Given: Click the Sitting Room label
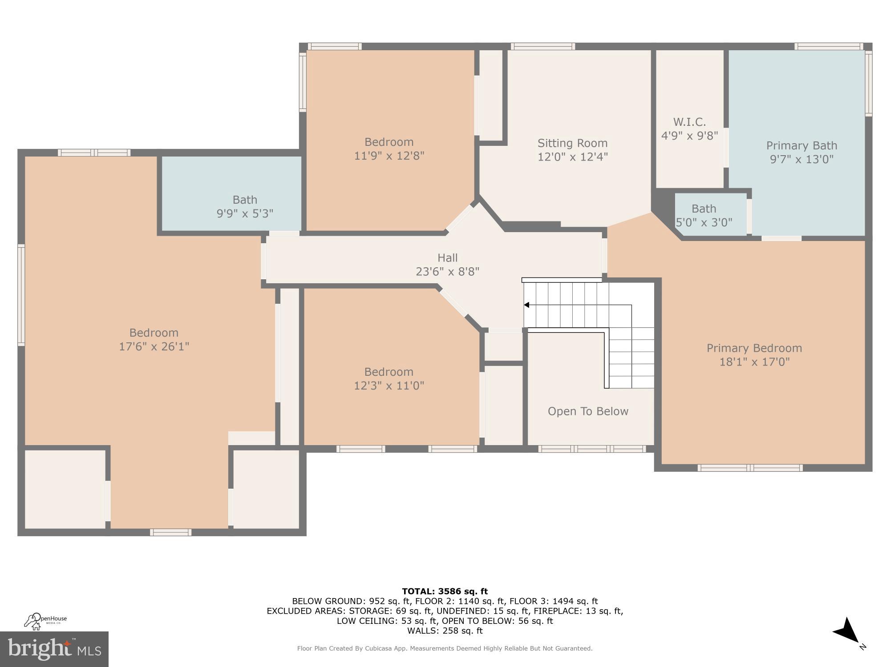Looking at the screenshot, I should click(x=572, y=143).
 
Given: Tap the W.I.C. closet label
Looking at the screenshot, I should click(x=689, y=122).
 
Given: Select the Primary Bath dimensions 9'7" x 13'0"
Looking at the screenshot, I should click(x=801, y=159).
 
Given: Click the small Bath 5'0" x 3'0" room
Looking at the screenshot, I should click(x=704, y=215).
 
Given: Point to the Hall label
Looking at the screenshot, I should click(x=447, y=258).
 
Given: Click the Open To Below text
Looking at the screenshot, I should click(x=588, y=411).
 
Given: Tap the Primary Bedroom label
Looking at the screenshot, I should click(x=754, y=348).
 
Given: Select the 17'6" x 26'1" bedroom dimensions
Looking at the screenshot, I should click(x=154, y=346).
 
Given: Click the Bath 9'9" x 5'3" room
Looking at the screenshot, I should click(x=245, y=206).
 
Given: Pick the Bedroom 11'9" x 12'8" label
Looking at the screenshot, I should click(x=389, y=142).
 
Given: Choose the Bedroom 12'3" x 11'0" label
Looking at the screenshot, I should click(x=389, y=372).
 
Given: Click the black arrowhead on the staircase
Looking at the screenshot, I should click(x=526, y=305).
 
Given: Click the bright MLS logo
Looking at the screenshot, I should click(x=54, y=649).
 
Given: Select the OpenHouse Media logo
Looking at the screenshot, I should click(x=45, y=621).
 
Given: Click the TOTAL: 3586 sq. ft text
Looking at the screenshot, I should click(x=445, y=591).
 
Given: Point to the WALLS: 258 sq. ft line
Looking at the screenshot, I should click(x=445, y=631).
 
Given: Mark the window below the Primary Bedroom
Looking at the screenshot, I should click(x=750, y=468).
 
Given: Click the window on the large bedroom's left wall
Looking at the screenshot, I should click(x=21, y=294).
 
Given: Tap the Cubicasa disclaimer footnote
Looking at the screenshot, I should click(x=445, y=649).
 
